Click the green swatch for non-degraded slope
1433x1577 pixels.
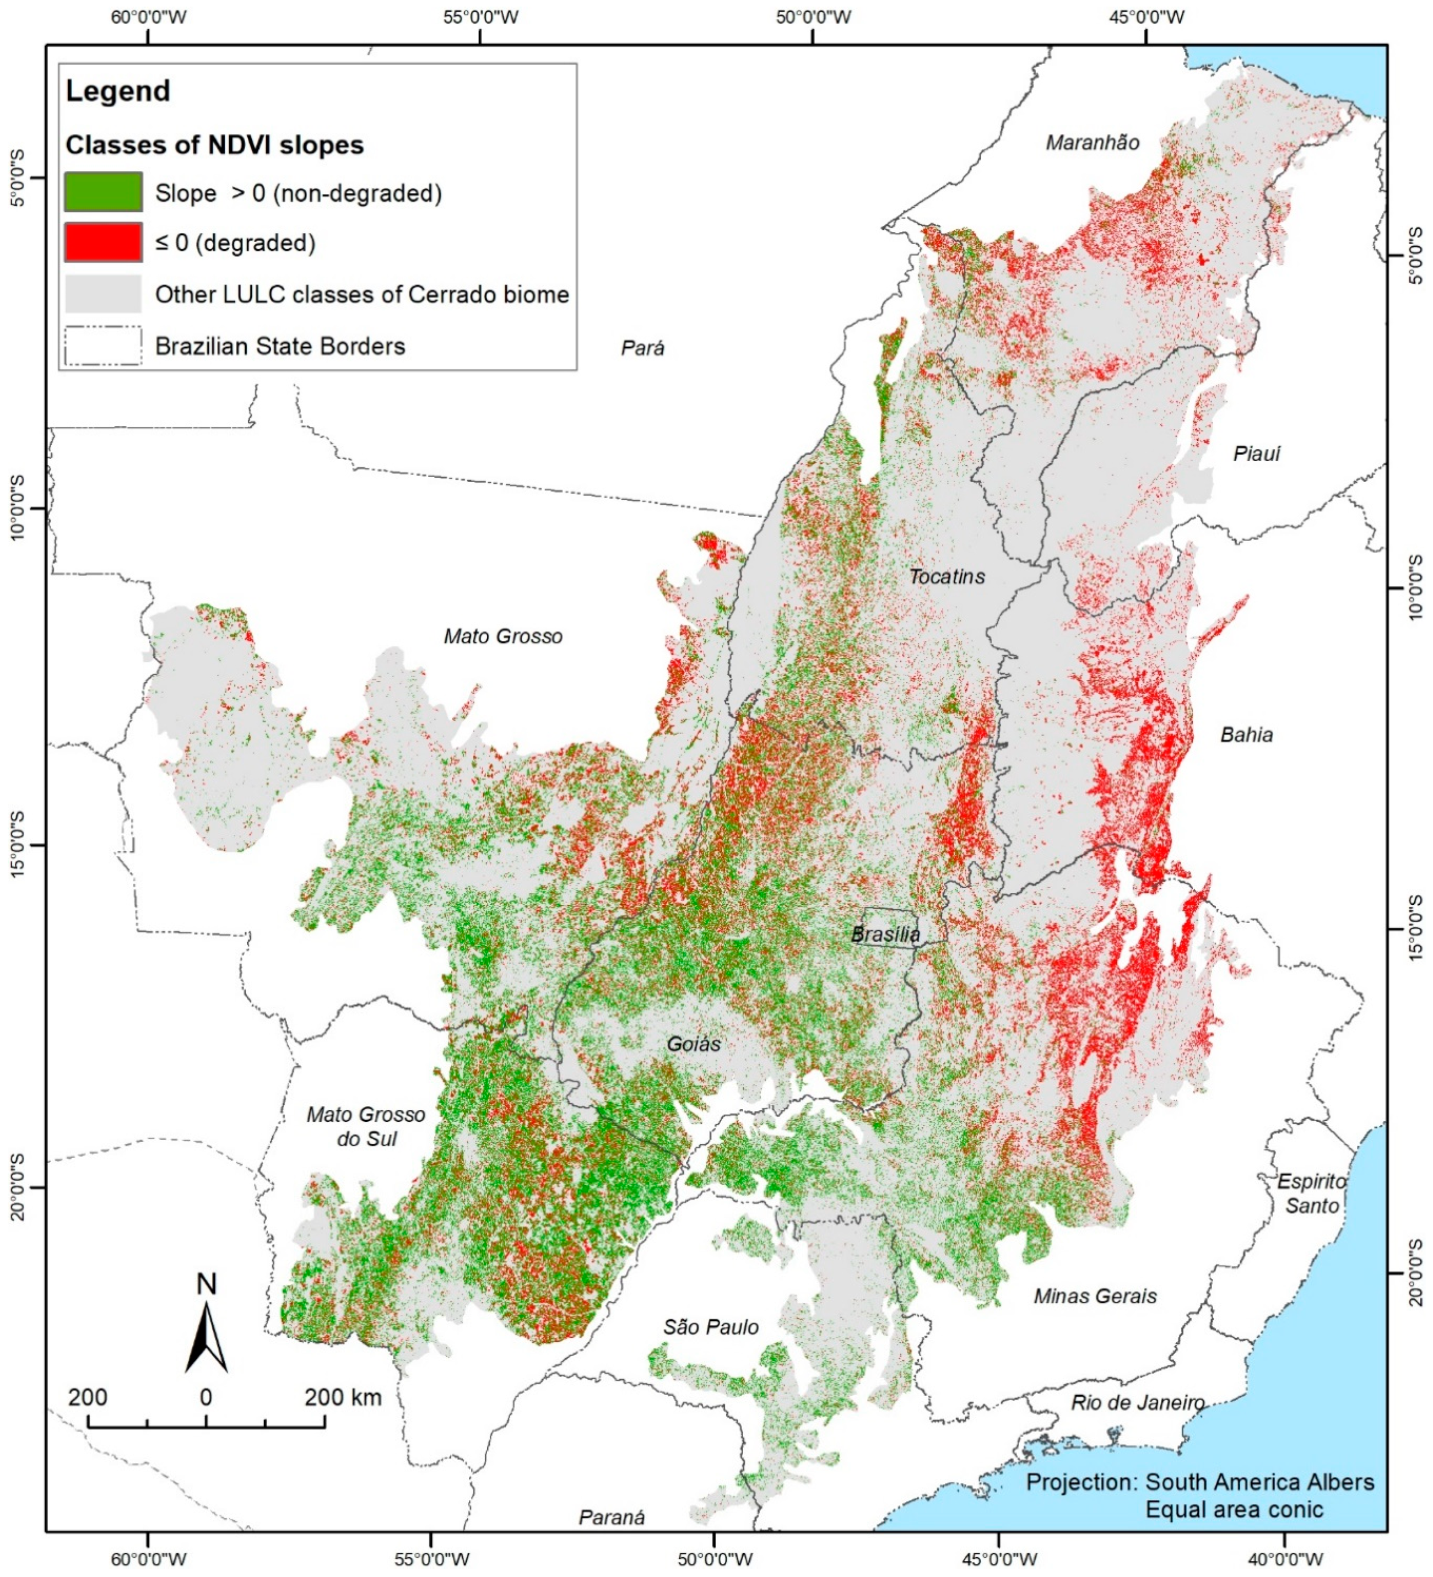click(x=103, y=192)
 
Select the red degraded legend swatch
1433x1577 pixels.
click(x=103, y=242)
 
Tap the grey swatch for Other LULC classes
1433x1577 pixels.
click(x=103, y=294)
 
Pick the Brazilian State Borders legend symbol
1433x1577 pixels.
click(x=103, y=345)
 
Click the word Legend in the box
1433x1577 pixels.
click(x=118, y=91)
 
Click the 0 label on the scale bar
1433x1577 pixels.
click(x=206, y=1398)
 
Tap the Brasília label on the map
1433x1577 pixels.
click(x=885, y=934)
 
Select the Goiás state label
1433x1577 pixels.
click(x=694, y=1044)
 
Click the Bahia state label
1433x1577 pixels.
click(x=1246, y=735)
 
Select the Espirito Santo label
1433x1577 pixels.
click(x=1312, y=1193)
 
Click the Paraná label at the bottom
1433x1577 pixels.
click(x=612, y=1517)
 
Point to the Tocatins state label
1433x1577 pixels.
click(x=947, y=576)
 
